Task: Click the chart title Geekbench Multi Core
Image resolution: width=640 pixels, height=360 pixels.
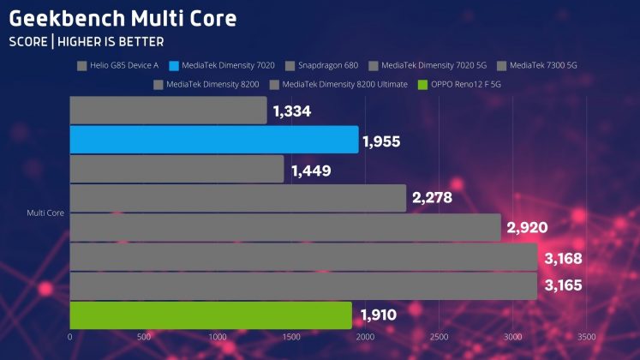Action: click(123, 17)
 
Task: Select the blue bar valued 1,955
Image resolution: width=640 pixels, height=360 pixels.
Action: click(213, 140)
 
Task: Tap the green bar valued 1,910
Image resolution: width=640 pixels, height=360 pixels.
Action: click(210, 315)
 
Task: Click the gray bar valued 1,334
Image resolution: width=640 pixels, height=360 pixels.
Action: click(168, 111)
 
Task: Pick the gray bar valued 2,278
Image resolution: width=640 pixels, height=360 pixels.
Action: click(237, 198)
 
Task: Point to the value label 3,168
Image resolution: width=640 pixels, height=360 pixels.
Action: click(562, 256)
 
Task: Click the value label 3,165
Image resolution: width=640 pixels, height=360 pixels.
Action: click(562, 285)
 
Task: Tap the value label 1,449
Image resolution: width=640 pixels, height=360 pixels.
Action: click(311, 169)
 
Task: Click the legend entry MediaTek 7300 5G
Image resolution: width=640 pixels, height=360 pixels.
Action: click(542, 64)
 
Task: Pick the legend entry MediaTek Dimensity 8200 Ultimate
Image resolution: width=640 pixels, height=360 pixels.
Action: click(344, 84)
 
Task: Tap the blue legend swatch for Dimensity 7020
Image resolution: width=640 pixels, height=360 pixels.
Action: click(175, 64)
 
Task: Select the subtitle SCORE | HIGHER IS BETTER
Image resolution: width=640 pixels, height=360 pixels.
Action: click(87, 41)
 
